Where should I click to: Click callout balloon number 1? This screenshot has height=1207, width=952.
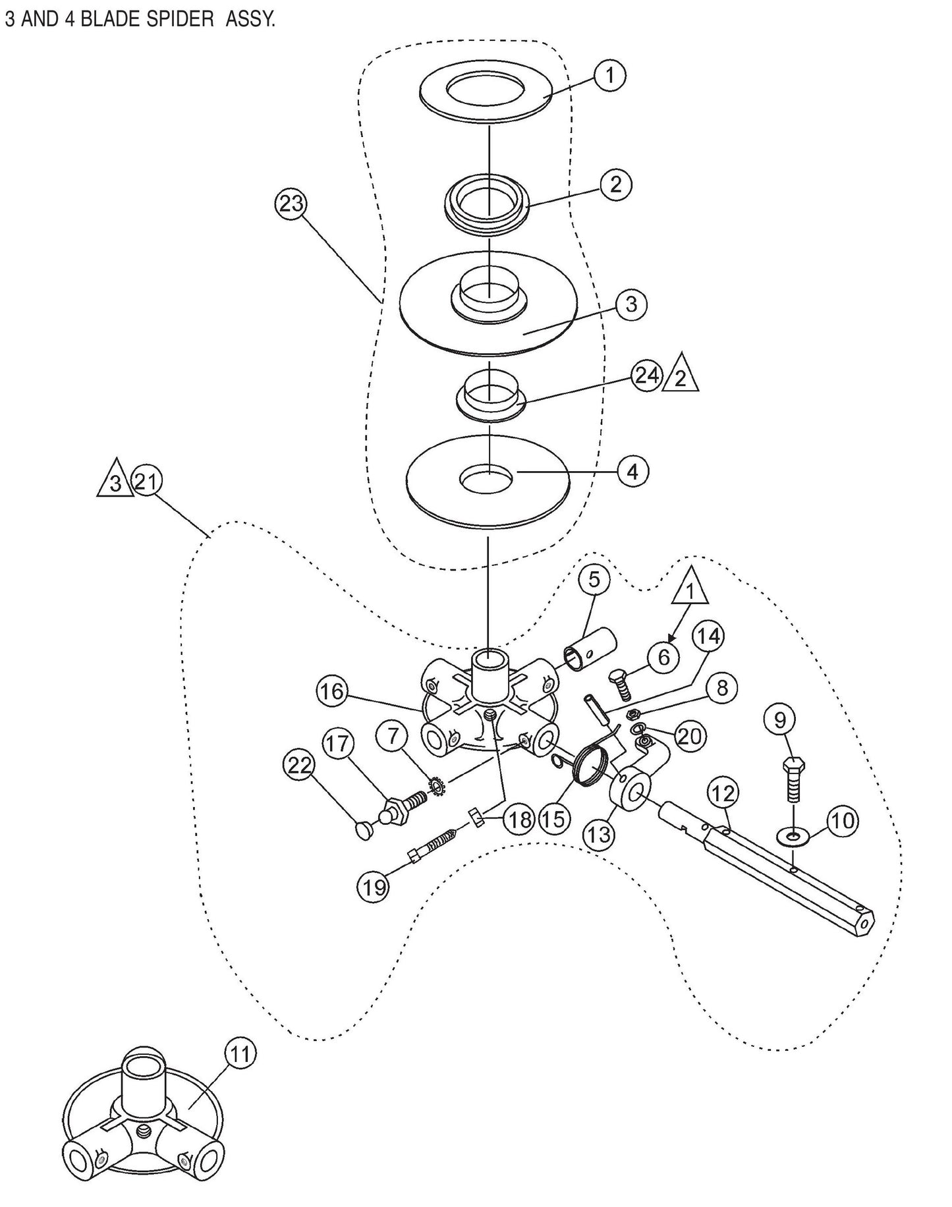click(609, 76)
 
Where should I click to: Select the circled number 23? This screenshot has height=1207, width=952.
click(291, 204)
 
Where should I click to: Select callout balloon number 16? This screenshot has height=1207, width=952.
click(333, 691)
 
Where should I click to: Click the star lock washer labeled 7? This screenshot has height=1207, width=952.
click(435, 785)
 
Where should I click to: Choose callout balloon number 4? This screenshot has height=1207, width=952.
click(632, 472)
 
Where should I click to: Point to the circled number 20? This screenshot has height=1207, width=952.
click(690, 736)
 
